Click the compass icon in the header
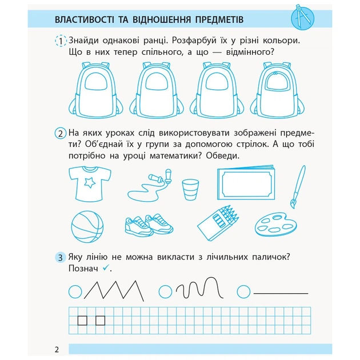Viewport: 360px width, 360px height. pos(302,18)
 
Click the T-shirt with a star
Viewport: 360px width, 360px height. pos(87,183)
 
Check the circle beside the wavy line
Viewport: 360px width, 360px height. pos(166,291)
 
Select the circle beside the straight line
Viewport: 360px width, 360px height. pos(244,291)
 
